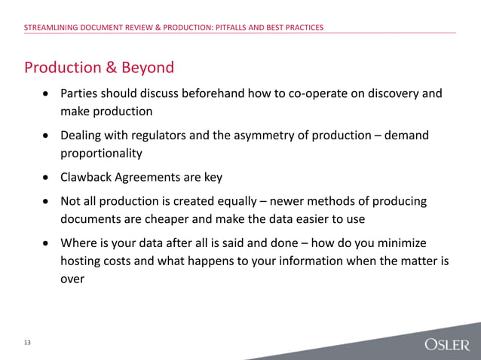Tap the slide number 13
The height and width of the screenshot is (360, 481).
point(27,343)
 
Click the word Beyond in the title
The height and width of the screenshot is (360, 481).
point(148,68)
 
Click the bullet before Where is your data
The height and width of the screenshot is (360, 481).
point(47,244)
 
